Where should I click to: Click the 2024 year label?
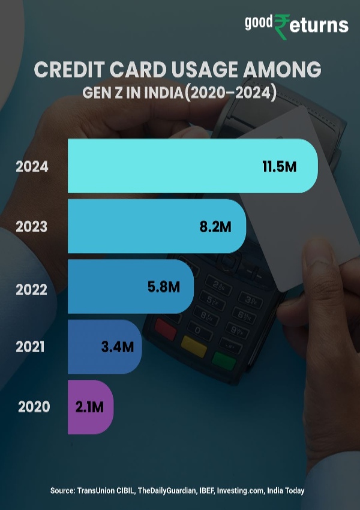[32, 167]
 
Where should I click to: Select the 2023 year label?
[32, 227]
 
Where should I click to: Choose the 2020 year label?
[34, 407]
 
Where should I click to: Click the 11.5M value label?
[280, 167]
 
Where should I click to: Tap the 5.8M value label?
[164, 287]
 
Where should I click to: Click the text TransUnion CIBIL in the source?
[106, 491]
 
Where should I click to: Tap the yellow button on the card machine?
[193, 344]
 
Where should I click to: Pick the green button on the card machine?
[223, 359]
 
